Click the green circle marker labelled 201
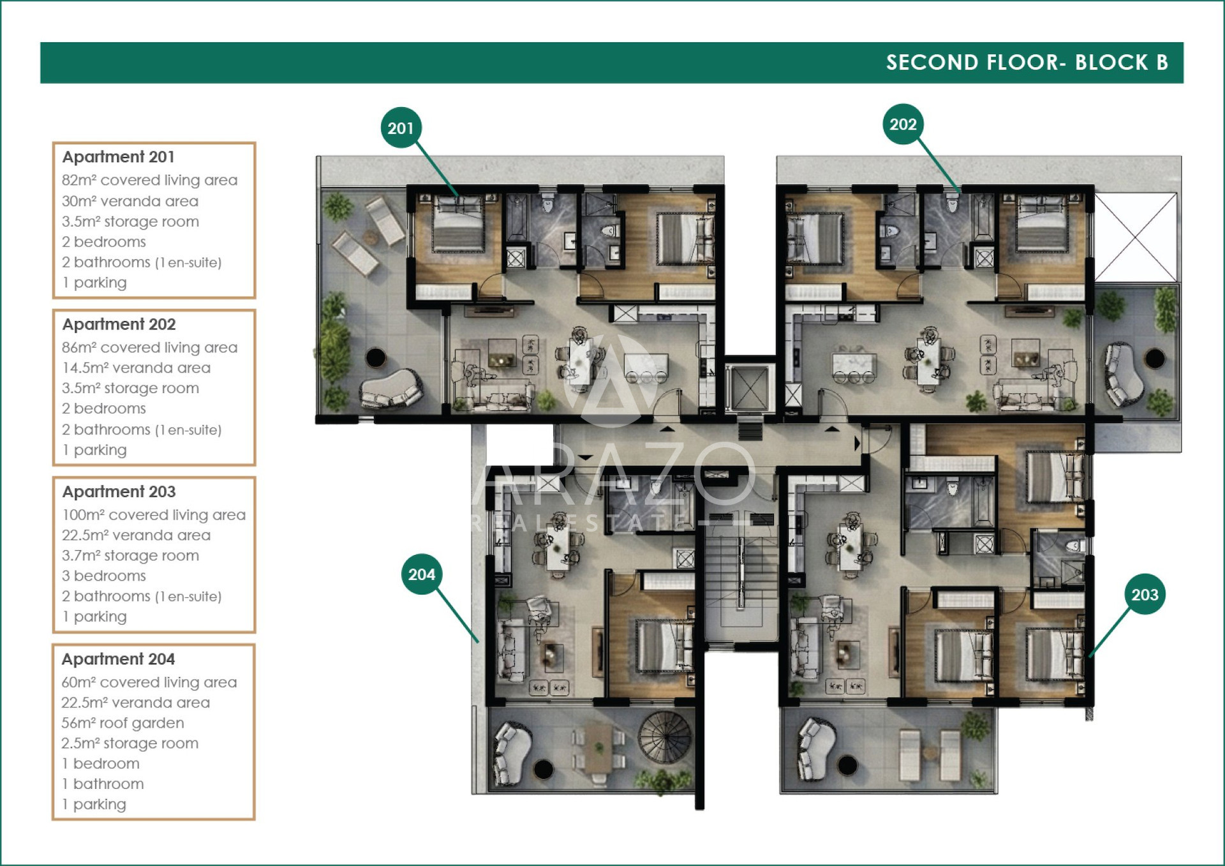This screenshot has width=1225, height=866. point(401,128)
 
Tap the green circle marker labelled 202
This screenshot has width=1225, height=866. point(903,124)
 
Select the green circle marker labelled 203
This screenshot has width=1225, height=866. point(1145,594)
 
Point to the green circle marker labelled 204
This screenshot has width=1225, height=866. point(422,574)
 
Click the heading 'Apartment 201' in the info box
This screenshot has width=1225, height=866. point(118,156)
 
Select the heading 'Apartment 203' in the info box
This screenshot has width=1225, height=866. point(119,491)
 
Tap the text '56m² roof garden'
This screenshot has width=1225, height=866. point(122,722)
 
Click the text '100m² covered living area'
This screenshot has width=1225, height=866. point(154,514)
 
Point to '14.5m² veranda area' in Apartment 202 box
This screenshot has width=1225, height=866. point(136,368)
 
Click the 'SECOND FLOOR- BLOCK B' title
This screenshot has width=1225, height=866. point(1027,62)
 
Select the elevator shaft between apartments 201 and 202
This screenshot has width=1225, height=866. point(750,387)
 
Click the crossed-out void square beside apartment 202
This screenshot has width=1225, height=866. point(1136,237)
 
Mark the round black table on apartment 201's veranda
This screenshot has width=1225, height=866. point(376,357)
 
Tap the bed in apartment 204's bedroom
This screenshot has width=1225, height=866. point(664,646)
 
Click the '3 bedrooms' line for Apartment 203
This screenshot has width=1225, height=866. point(104,576)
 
